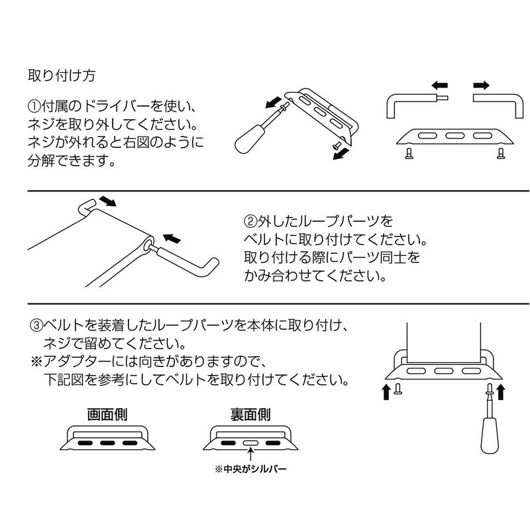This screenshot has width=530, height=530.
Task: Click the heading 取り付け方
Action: click(62, 76)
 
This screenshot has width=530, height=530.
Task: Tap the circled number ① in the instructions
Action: click(34, 106)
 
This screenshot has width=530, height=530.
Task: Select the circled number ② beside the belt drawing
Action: click(250, 221)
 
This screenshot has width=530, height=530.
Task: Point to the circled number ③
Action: click(36, 325)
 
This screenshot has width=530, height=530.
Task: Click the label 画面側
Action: click(107, 415)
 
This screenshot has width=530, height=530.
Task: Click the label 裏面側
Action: click(250, 415)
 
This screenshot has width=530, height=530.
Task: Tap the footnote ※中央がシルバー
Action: click(250, 469)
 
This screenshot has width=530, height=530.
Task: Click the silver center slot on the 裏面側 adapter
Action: click(250, 443)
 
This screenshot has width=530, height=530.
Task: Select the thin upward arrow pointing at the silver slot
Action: click(250, 454)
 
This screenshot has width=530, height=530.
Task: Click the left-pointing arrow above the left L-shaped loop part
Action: click(440, 85)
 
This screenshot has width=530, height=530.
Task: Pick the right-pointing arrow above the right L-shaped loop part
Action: click(481, 85)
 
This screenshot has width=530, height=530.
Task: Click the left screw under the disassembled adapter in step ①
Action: click(409, 153)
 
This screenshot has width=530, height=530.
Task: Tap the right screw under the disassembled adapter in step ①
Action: click(501, 153)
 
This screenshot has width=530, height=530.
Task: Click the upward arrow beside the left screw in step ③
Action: click(386, 392)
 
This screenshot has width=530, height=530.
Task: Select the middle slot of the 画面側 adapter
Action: click(107, 443)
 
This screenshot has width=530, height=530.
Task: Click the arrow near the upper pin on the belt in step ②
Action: click(108, 201)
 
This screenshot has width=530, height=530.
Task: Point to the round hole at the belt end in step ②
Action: click(148, 244)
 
